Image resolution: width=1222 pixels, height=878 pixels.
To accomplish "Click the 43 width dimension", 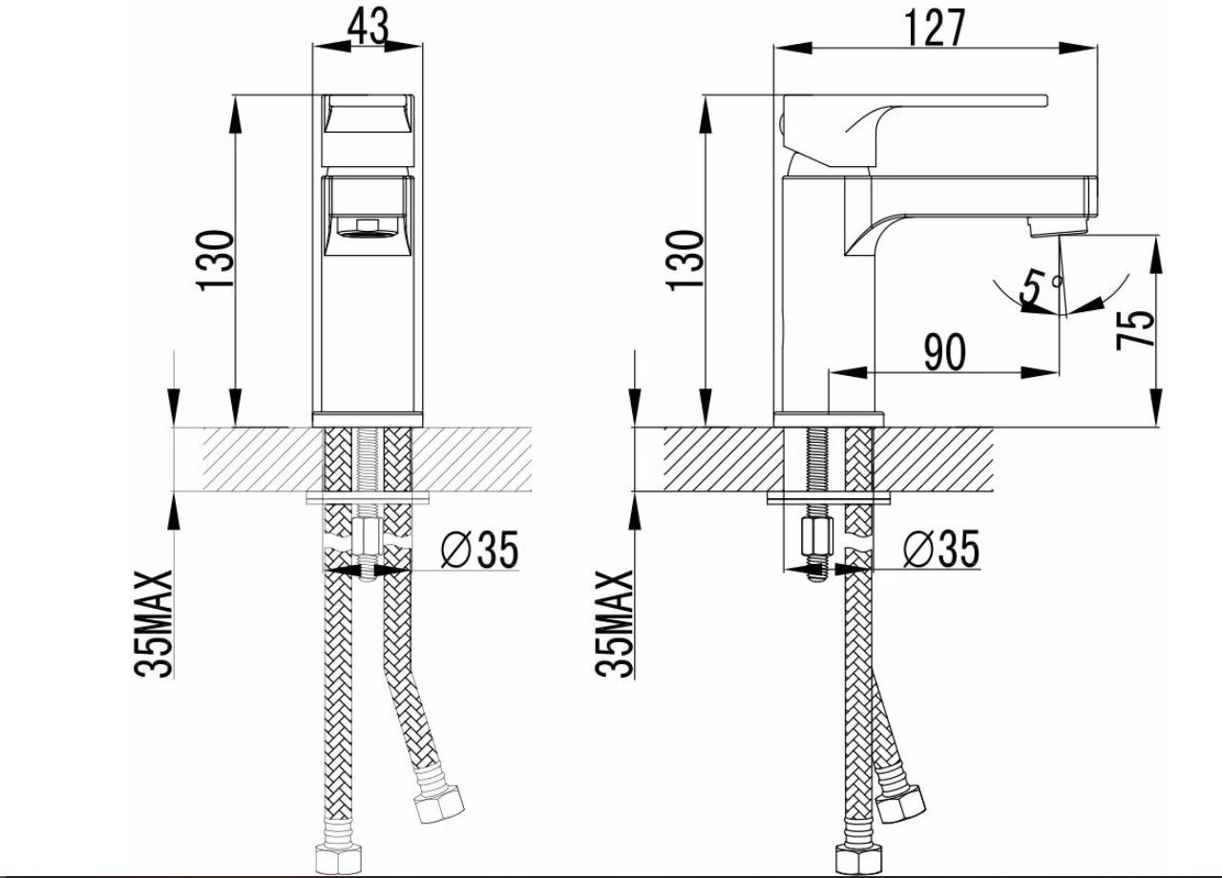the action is tap(369, 26).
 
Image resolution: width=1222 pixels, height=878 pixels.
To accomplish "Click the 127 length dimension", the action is tap(935, 28).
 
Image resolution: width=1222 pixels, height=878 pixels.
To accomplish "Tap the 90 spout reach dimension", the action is tap(944, 352).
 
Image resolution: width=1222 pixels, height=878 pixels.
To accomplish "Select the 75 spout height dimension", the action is tap(1136, 329).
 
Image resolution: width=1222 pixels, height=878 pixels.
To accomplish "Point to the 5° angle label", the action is tap(1041, 285).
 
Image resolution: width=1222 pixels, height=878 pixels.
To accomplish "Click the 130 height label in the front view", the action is tap(216, 261).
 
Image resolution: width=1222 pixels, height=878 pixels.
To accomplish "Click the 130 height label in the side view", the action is tap(685, 261).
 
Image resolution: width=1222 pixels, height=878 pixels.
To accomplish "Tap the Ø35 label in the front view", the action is tap(479, 550).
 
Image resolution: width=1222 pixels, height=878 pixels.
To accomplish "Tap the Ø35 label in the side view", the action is tap(941, 549).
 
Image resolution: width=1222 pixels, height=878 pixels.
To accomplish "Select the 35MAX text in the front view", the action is tap(154, 624).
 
